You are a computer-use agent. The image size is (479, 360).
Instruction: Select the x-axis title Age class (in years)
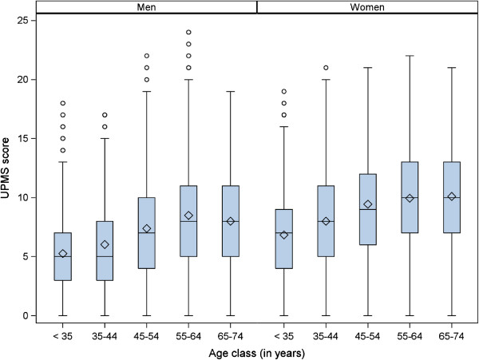256,350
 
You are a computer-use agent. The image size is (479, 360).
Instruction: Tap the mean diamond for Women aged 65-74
452,196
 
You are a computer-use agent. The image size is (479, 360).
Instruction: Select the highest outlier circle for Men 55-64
188,33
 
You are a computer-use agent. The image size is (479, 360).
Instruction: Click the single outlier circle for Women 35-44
322,68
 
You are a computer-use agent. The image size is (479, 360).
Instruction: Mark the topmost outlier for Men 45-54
147,56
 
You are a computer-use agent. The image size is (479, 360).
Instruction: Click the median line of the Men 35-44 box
105,256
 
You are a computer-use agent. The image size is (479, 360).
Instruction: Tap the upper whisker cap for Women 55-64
409,56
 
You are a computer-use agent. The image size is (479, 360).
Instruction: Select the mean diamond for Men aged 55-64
188,216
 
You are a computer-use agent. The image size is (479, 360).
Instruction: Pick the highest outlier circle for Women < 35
279,92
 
